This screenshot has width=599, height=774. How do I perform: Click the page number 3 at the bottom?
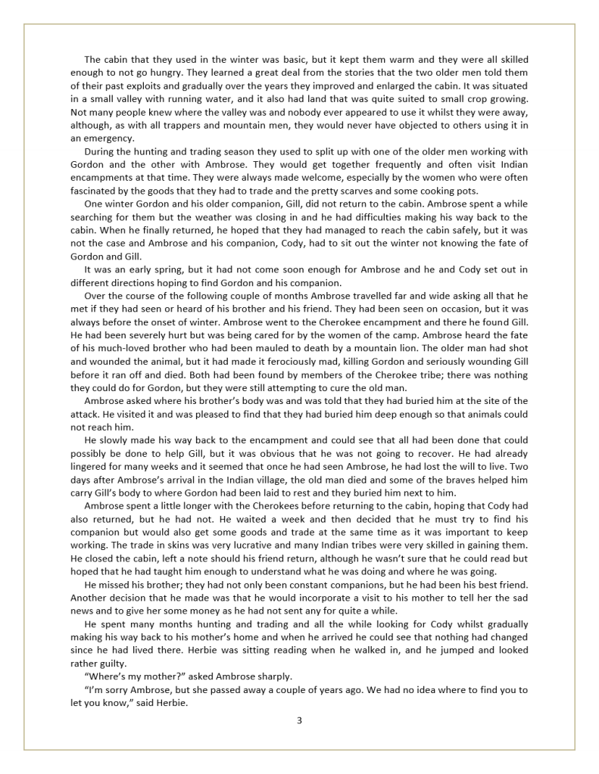(x=299, y=720)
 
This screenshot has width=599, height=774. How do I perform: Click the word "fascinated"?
(x=95, y=191)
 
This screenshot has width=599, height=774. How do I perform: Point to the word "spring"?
(x=161, y=269)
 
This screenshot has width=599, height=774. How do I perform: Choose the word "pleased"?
(x=181, y=414)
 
